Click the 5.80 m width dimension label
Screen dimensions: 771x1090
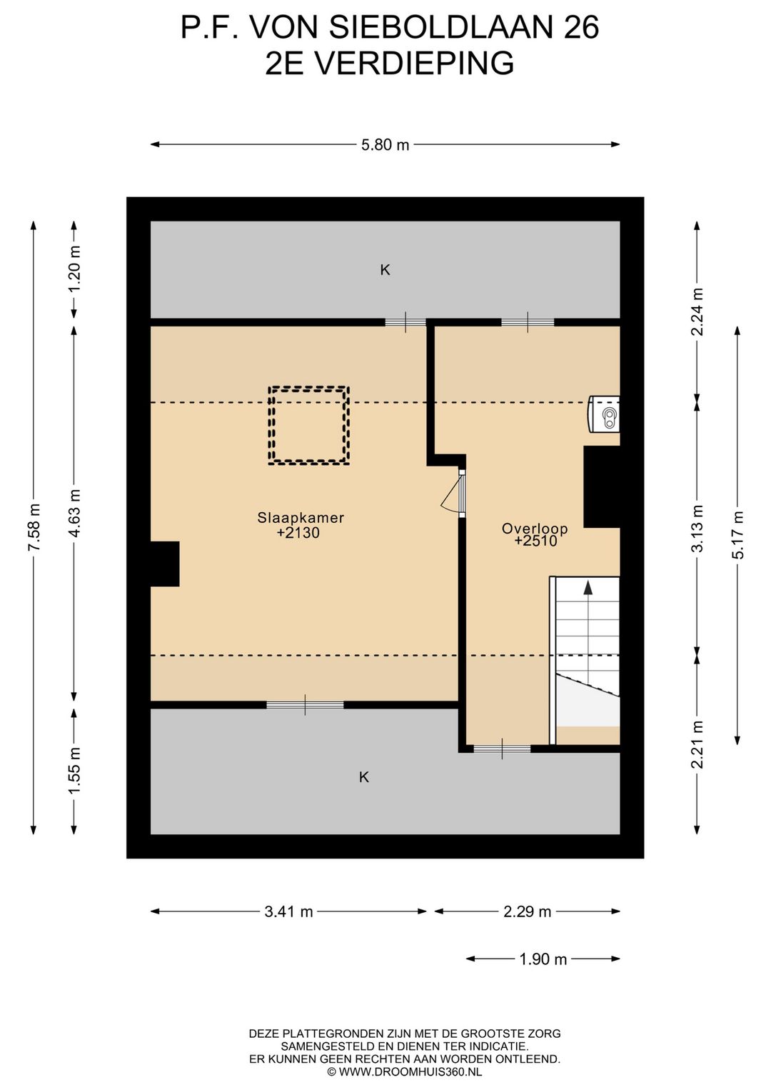pyautogui.click(x=385, y=144)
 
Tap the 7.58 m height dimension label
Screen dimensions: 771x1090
pyautogui.click(x=34, y=528)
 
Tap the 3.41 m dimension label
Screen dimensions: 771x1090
pyautogui.click(x=288, y=911)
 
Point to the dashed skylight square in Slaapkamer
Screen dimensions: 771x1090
pyautogui.click(x=309, y=388)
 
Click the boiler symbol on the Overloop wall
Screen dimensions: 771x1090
pyautogui.click(x=604, y=414)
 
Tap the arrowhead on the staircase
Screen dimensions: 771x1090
pyautogui.click(x=588, y=588)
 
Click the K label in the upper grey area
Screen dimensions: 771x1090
pyautogui.click(x=385, y=270)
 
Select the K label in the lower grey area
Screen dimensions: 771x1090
pyautogui.click(x=364, y=777)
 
